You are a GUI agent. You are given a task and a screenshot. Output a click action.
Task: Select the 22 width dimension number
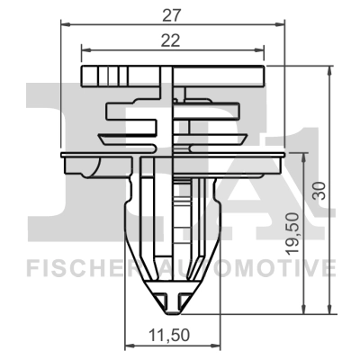(170, 40)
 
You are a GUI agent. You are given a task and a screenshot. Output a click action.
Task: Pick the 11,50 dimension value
(171, 336)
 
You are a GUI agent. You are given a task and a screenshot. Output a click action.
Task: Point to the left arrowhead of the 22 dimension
(85, 50)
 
